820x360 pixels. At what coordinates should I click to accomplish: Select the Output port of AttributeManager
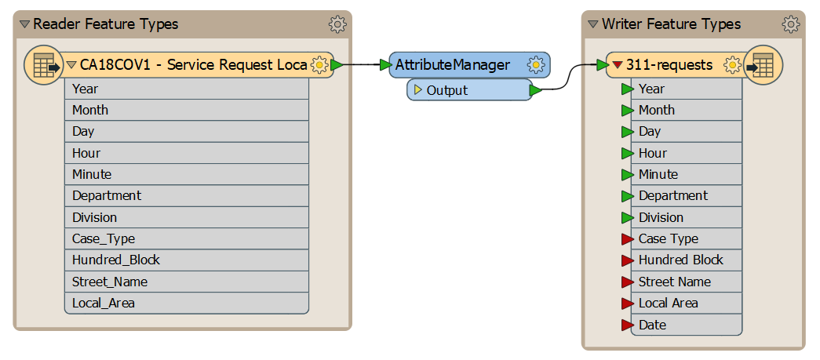(x=469, y=90)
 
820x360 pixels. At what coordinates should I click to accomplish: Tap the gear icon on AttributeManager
(x=535, y=65)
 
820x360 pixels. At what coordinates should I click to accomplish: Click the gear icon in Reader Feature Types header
(x=337, y=24)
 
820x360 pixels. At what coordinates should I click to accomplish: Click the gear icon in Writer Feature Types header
(x=791, y=24)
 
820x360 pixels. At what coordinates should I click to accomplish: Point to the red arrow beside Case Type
(x=627, y=239)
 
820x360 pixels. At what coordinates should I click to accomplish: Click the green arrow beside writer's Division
(x=627, y=218)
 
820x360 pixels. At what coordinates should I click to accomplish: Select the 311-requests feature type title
(x=669, y=65)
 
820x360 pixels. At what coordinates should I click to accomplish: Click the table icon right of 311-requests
(x=763, y=65)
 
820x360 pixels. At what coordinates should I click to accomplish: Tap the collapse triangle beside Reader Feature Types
(x=24, y=24)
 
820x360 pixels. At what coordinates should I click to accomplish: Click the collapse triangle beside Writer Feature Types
(x=592, y=24)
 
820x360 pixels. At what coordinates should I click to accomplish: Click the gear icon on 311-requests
(x=732, y=65)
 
